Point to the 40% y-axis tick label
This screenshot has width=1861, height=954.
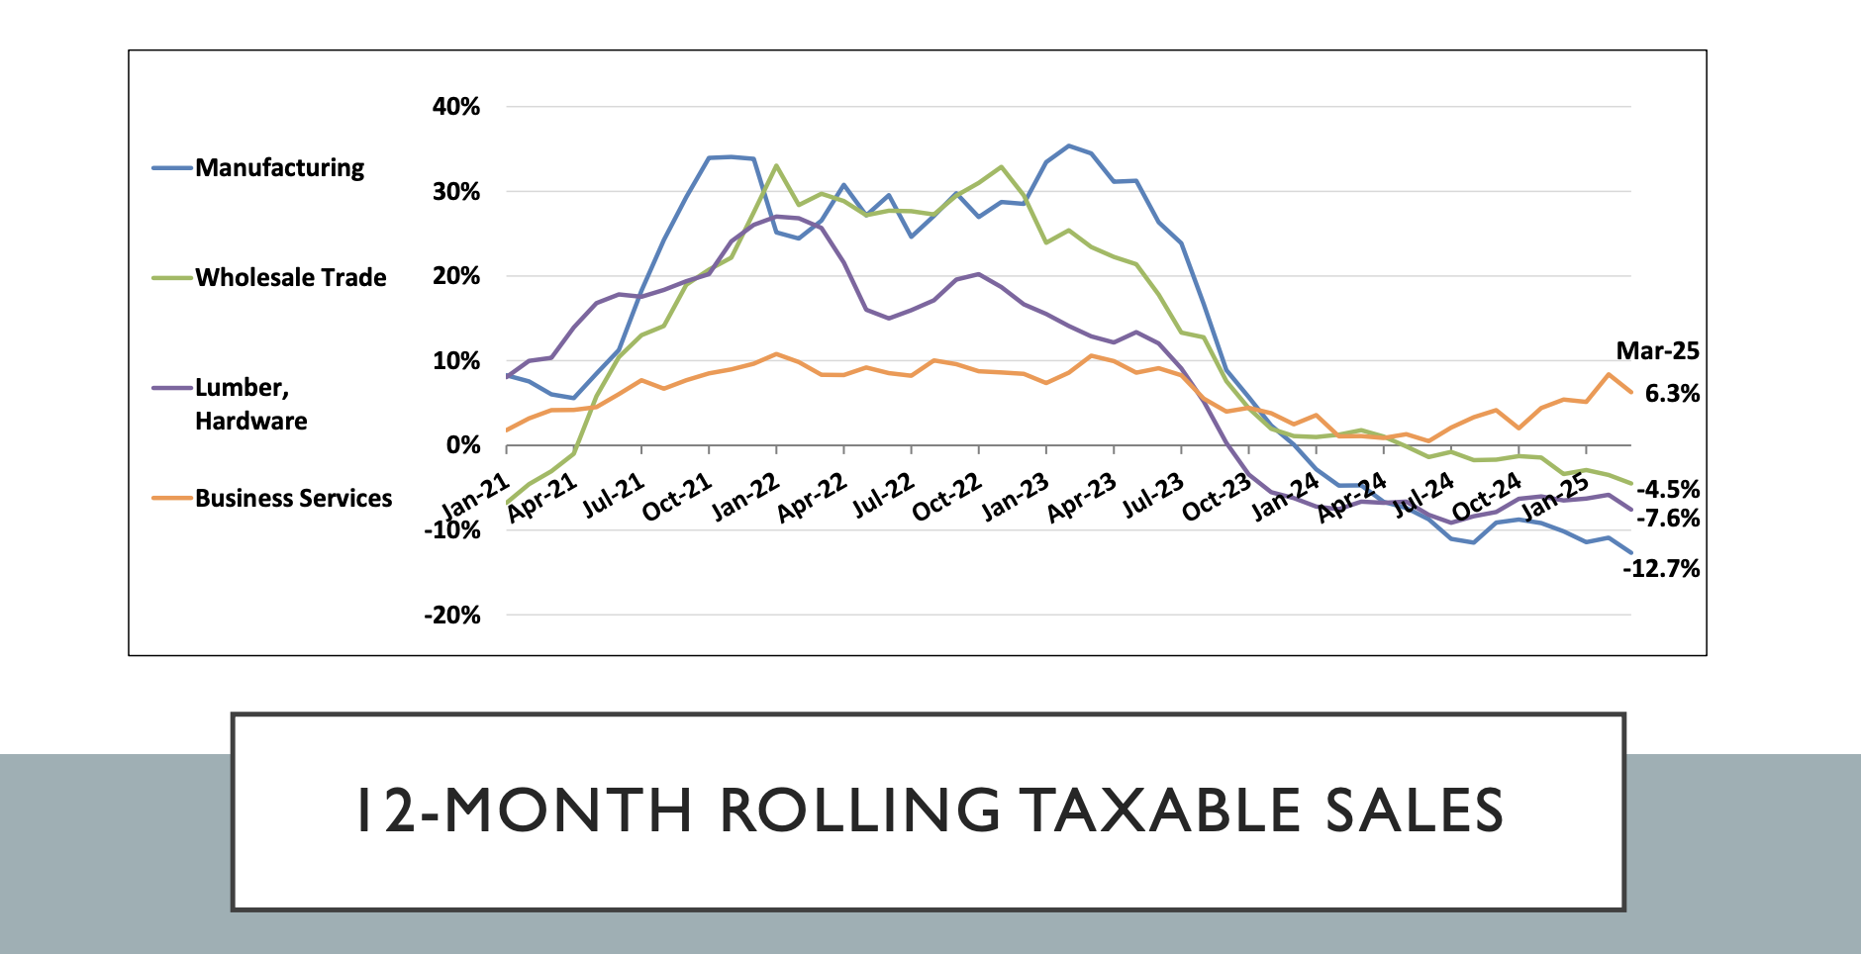(456, 107)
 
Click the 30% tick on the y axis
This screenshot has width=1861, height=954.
(456, 192)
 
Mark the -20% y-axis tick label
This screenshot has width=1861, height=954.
(452, 616)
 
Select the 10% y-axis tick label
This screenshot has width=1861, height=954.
(456, 361)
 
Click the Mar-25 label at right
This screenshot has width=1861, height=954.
(1657, 351)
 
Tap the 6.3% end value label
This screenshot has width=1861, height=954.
(1672, 394)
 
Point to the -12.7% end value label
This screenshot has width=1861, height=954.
(1661, 569)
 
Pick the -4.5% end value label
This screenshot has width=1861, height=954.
(1668, 490)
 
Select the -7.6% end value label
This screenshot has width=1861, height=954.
(1668, 519)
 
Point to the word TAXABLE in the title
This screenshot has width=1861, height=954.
(1159, 811)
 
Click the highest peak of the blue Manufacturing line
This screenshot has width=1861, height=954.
(1068, 145)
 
